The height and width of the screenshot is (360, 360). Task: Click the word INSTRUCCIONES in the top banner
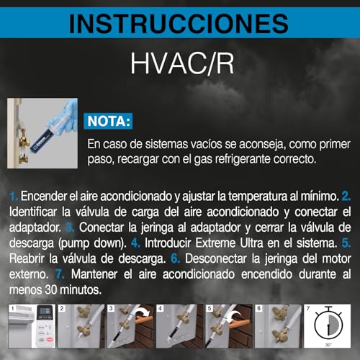click(x=179, y=24)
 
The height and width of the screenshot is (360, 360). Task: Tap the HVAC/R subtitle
click(x=180, y=63)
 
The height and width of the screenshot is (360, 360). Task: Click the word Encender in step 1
click(x=46, y=196)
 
